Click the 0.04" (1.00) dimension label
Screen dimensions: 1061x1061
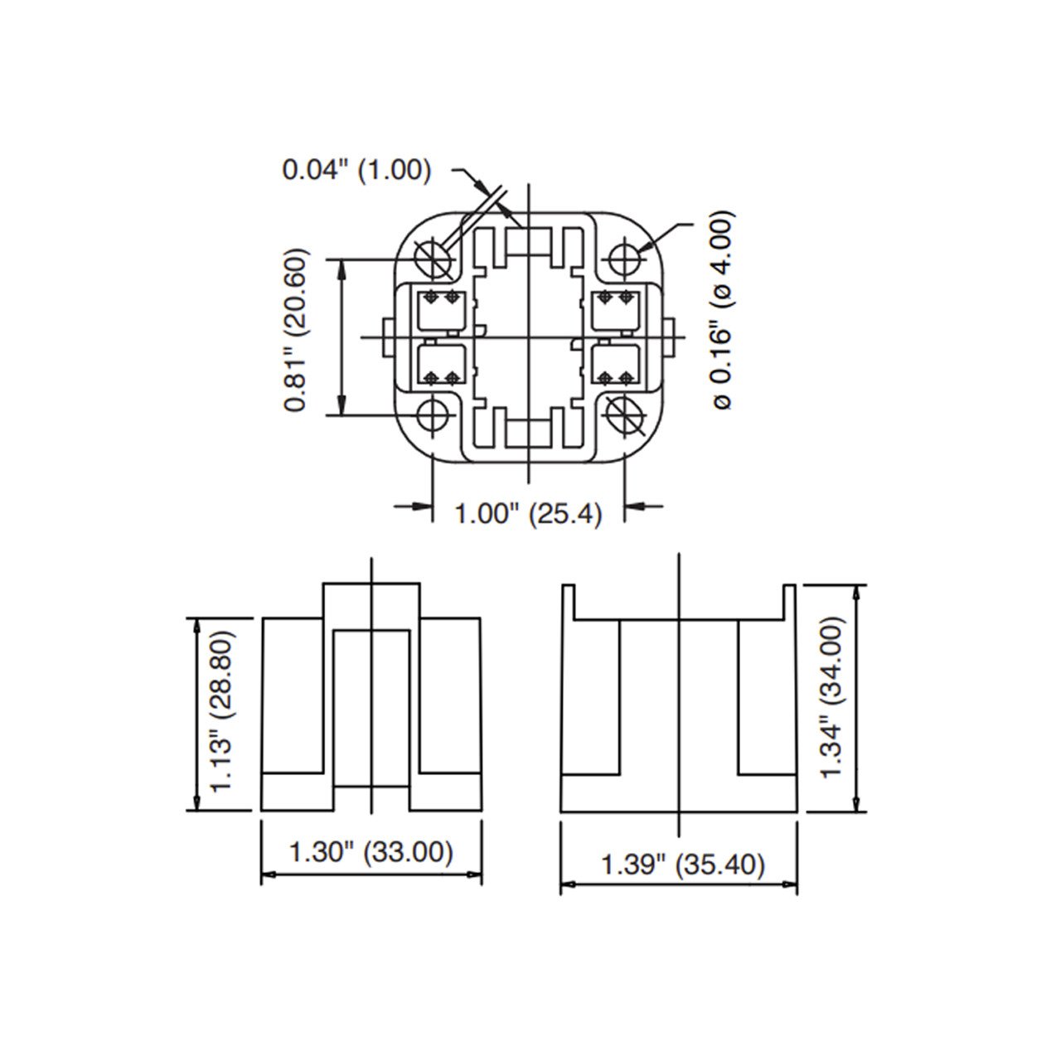pos(357,170)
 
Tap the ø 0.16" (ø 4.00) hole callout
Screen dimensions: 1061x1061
pos(722,310)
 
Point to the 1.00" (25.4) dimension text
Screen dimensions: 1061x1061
pos(529,514)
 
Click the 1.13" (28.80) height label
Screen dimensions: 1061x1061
pos(223,711)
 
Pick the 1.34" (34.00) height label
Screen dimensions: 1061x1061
pos(832,697)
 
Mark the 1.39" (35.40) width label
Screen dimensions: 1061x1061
pos(682,865)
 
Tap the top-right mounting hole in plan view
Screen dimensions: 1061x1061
pos(624,258)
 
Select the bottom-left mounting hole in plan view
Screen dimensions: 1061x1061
pos(434,415)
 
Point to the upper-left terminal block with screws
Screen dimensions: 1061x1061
pos(440,312)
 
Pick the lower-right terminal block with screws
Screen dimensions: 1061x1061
pos(617,365)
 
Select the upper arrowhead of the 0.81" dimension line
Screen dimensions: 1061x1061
pos(342,266)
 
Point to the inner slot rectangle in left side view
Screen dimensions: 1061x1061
pos(371,707)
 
